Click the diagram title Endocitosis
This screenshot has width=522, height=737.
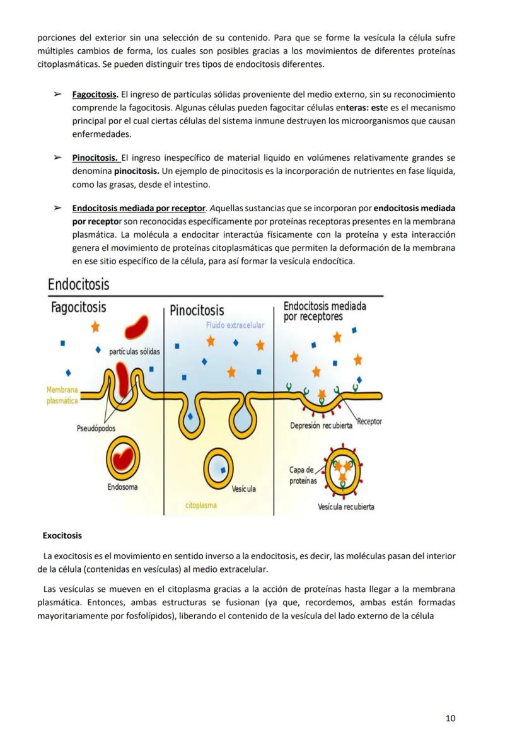tap(78, 284)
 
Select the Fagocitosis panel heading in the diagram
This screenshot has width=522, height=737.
tap(78, 308)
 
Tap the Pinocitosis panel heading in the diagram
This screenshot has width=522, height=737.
tap(197, 310)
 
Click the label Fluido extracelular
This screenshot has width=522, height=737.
tap(235, 325)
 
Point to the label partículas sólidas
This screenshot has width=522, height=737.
tap(134, 351)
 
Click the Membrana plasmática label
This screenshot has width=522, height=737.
tap(62, 395)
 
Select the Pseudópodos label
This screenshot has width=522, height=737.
tap(96, 428)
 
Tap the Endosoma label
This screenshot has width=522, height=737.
tap(122, 487)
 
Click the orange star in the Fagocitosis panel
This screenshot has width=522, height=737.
tap(95, 327)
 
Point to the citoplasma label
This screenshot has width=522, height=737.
tap(202, 505)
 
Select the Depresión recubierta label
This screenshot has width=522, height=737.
tap(321, 426)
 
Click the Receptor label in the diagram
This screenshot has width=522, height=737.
tap(369, 421)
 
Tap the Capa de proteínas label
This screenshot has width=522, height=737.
tap(301, 475)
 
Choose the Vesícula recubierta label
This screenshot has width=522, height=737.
tap(346, 507)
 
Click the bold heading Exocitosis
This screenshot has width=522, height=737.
tap(62, 535)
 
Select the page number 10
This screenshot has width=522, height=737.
tap(450, 717)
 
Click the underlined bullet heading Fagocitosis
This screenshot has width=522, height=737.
tap(95, 95)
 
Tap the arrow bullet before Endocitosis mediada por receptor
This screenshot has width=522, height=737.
tap(57, 208)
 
